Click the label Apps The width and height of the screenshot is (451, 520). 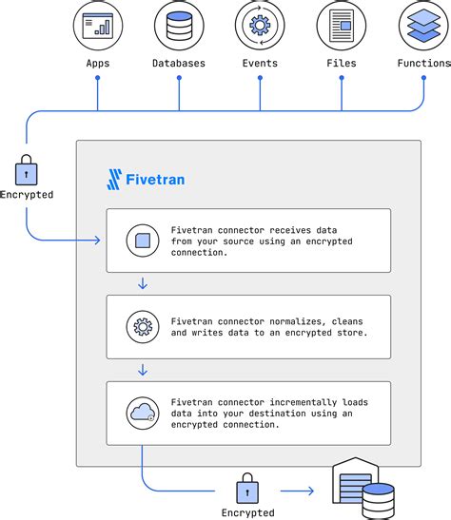[98, 63]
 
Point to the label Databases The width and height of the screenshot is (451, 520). [179, 63]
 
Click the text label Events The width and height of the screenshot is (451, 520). [260, 63]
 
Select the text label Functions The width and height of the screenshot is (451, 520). [422, 63]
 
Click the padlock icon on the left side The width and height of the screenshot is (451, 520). [26, 171]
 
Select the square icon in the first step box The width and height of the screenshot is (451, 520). [142, 241]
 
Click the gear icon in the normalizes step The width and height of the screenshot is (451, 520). [142, 327]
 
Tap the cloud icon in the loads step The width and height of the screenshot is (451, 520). [142, 413]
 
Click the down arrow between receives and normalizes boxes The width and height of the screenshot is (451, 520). [142, 283]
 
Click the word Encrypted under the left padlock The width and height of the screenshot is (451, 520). [27, 195]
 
